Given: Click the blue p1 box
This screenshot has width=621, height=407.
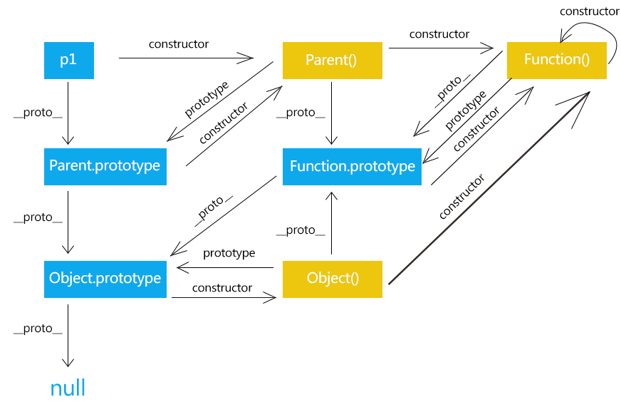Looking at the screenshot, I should point(68,60).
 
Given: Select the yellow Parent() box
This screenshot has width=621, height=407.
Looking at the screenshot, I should point(332,60).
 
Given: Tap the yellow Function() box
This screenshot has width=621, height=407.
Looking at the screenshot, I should point(556,60).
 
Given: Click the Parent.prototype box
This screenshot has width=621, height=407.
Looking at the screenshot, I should point(105,166).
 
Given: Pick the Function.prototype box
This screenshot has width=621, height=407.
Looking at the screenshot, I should point(352,166).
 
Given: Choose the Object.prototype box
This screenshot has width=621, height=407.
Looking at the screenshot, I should point(105,278).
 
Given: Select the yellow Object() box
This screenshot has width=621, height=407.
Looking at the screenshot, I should point(332,278).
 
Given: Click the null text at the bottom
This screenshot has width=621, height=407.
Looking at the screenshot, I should point(68,388).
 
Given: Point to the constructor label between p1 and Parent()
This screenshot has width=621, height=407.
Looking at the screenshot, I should point(179,44).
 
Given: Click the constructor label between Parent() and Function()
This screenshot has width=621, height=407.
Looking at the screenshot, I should point(439,34).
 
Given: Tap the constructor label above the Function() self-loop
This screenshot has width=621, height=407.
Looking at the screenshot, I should point(589,11).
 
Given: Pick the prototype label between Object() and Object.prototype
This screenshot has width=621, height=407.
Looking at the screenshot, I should point(229,253).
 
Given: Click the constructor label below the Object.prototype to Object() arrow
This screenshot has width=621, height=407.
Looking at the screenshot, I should point(221,288).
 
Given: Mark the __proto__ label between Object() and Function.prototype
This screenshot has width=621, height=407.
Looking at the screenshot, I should point(301,230).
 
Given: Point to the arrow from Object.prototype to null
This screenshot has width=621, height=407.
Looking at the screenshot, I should point(68,335).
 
